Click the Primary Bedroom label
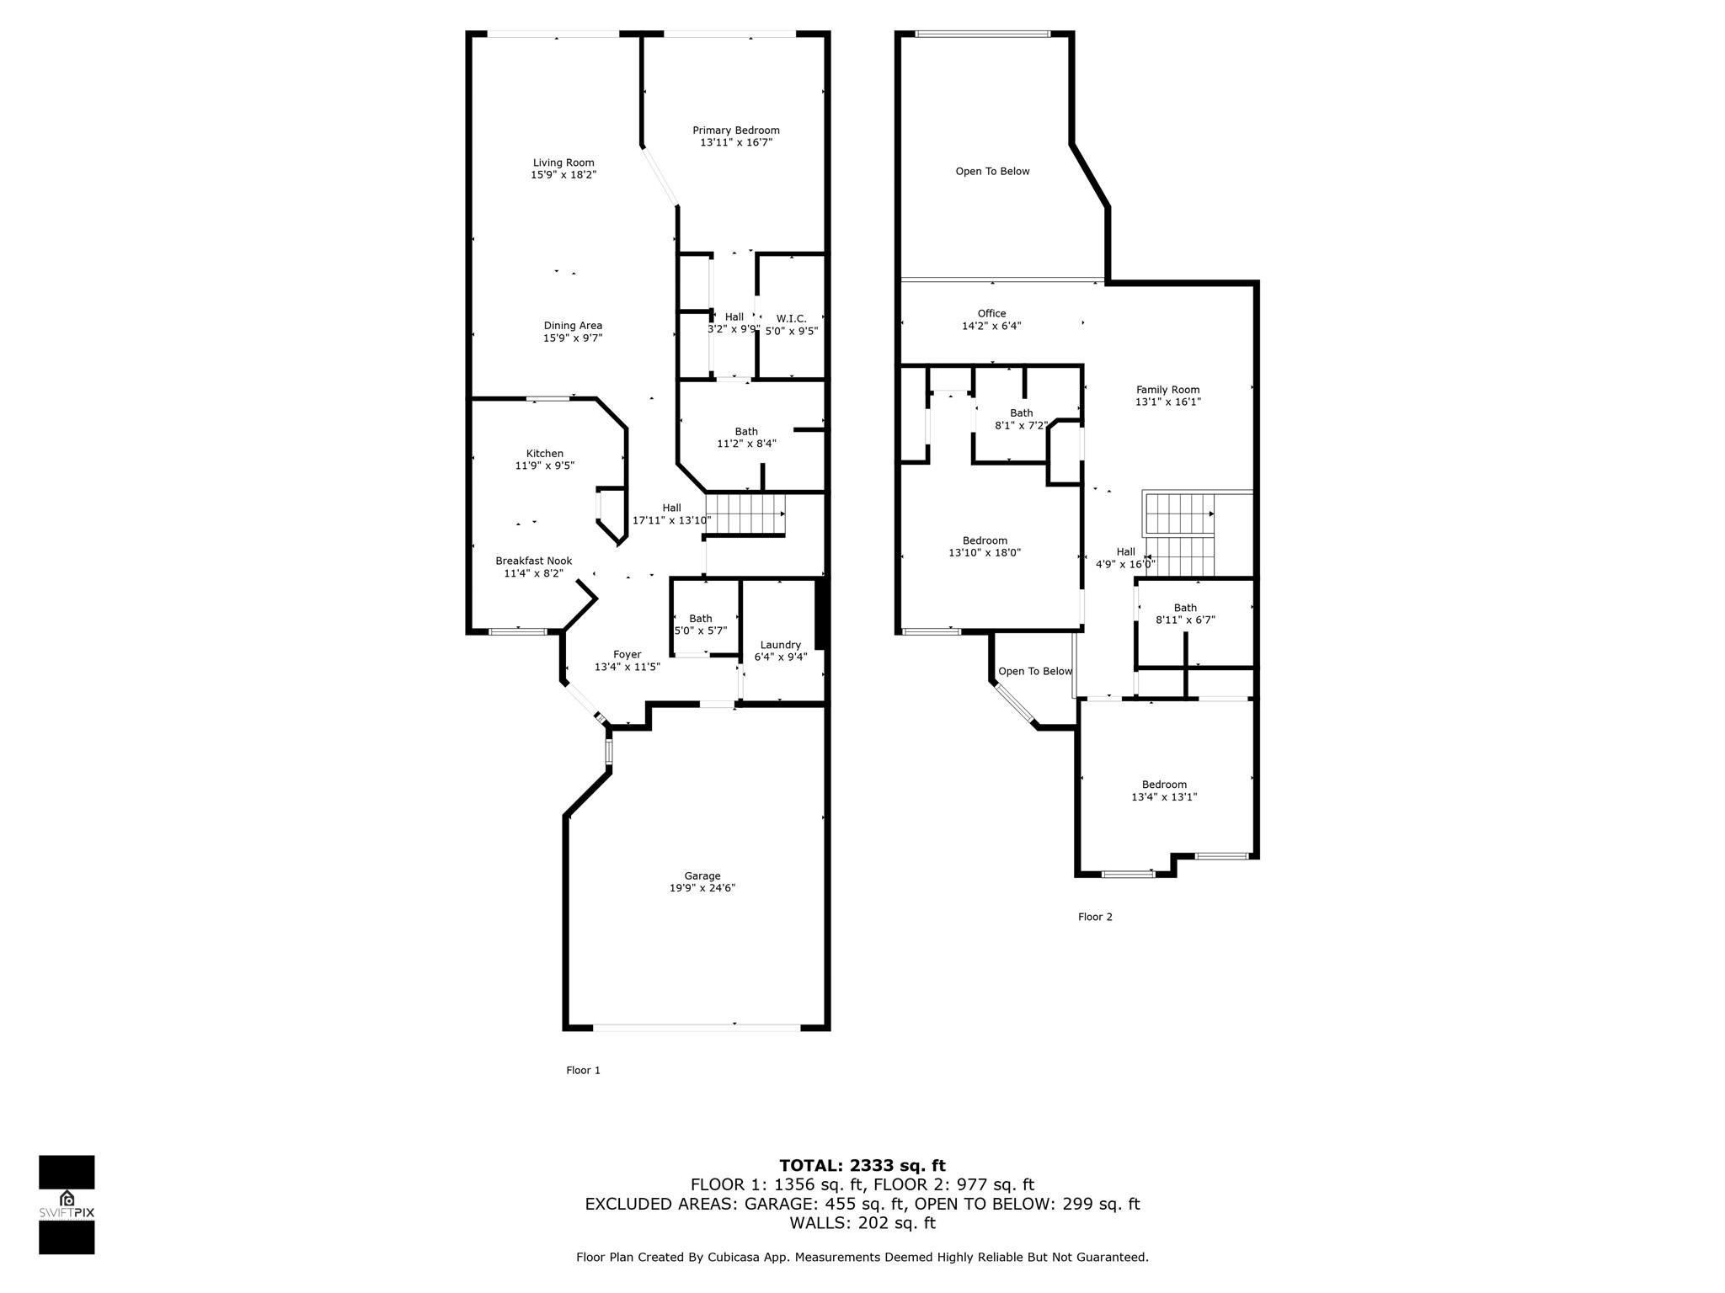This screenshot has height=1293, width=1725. pyautogui.click(x=736, y=130)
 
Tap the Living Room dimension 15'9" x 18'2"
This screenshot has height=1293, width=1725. pyautogui.click(x=563, y=175)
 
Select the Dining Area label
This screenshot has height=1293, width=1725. pyautogui.click(x=573, y=326)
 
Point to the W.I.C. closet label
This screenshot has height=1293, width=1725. pyautogui.click(x=792, y=319)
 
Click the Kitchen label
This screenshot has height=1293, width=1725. pyautogui.click(x=545, y=454)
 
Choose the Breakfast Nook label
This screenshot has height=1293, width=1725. pyautogui.click(x=534, y=561)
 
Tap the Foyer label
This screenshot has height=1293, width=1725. pyautogui.click(x=628, y=655)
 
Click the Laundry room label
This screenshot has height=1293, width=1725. pyautogui.click(x=781, y=646)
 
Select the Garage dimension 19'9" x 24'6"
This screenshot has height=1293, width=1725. pyautogui.click(x=702, y=888)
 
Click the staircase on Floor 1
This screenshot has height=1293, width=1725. pyautogui.click(x=745, y=514)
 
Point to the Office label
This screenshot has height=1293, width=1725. pyautogui.click(x=992, y=314)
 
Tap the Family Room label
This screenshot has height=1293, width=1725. pyautogui.click(x=1168, y=390)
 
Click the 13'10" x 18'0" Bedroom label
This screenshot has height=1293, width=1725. pyautogui.click(x=985, y=541)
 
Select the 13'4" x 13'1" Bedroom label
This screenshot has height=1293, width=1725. pyautogui.click(x=1165, y=785)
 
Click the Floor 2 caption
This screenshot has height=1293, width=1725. pyautogui.click(x=1096, y=918)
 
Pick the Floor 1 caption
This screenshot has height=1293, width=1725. pyautogui.click(x=584, y=1071)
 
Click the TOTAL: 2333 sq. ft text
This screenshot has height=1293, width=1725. pyautogui.click(x=862, y=1166)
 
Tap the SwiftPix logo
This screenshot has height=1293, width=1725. pyautogui.click(x=67, y=1205)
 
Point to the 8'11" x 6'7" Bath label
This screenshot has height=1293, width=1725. pyautogui.click(x=1186, y=608)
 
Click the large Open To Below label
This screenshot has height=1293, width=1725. pyautogui.click(x=993, y=172)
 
